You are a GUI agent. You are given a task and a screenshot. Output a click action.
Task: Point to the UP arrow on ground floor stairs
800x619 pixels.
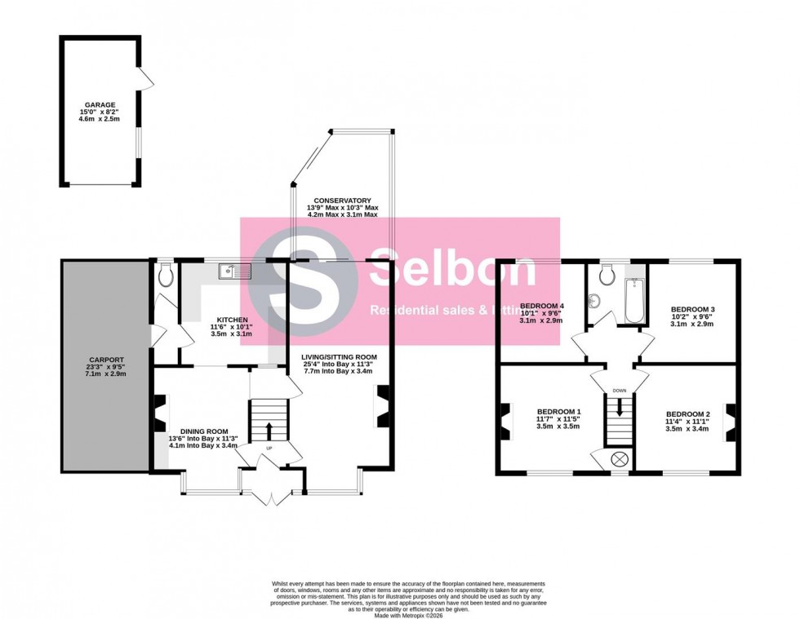[x=269, y=428]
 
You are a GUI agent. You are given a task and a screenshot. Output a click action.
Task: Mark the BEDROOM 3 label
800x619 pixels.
[x=692, y=309]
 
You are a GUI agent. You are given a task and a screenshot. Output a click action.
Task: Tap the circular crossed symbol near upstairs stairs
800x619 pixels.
[x=620, y=459]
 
